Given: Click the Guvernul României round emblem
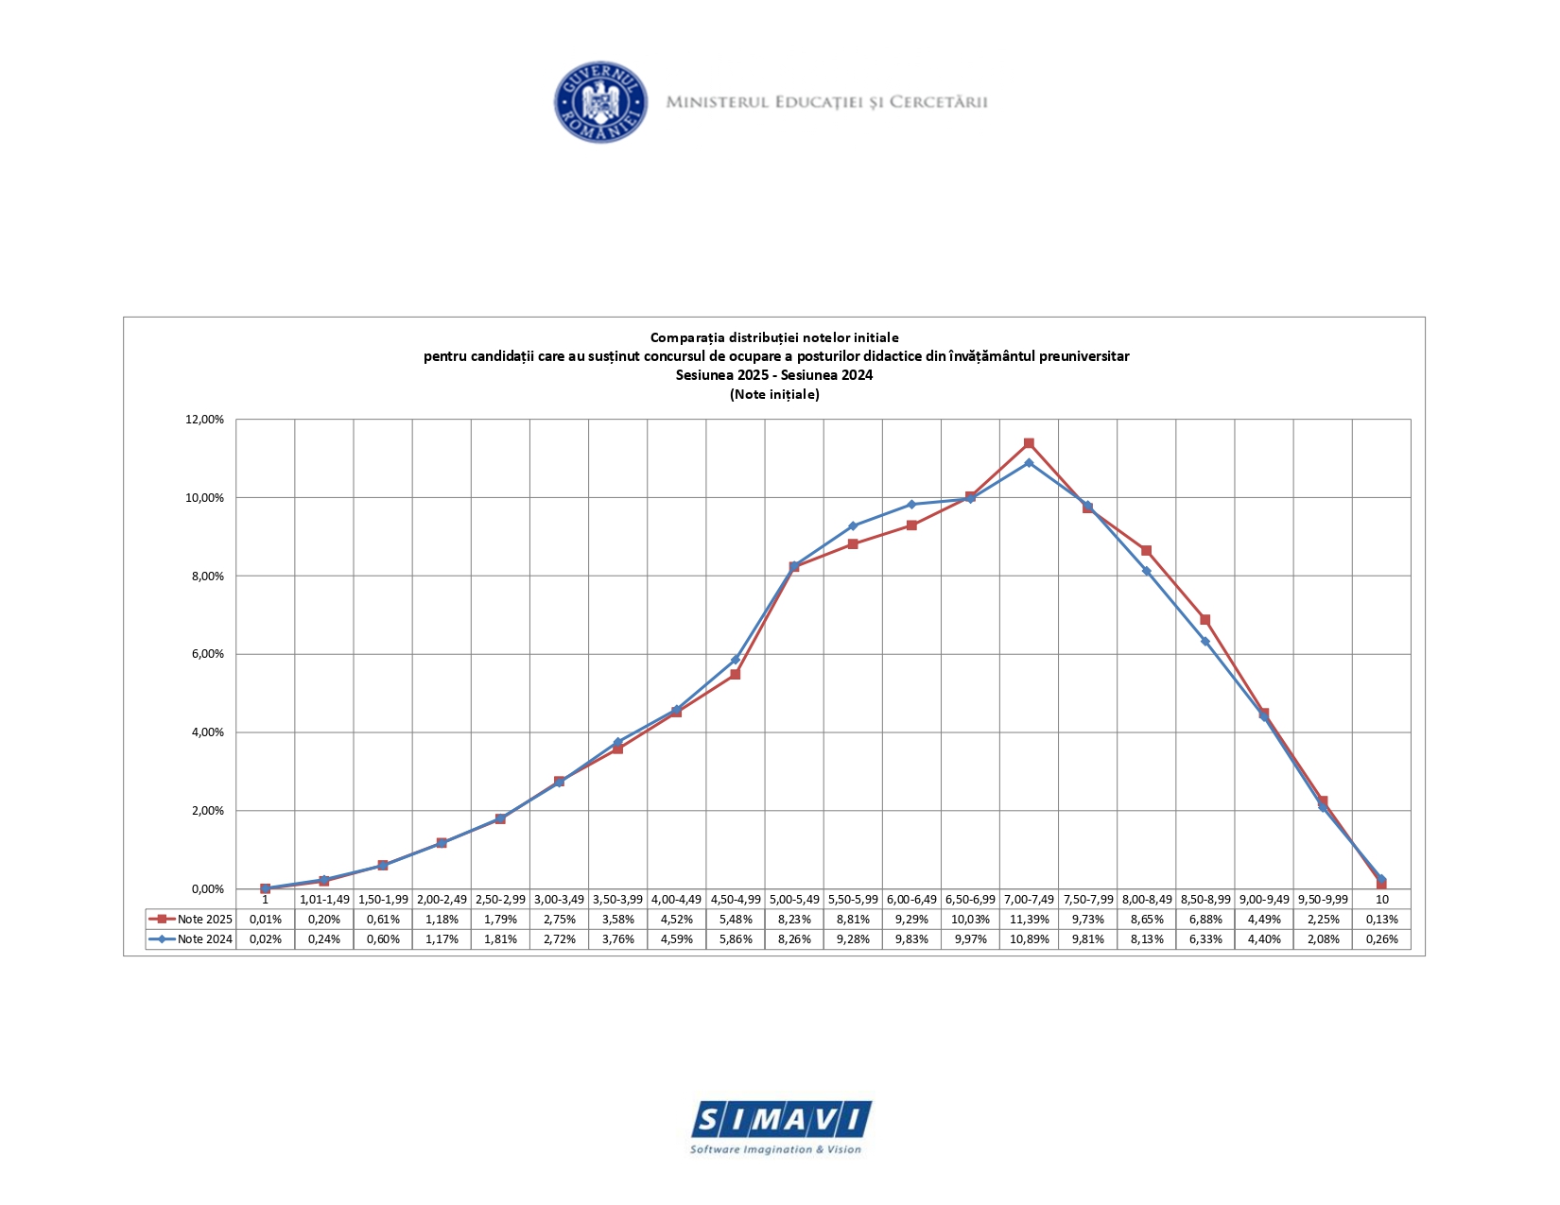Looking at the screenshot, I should coord(600,103).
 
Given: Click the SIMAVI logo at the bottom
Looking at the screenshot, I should coord(780,1126).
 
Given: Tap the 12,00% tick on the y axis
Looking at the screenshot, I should coord(204,420).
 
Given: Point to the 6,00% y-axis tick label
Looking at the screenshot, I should coord(204,654).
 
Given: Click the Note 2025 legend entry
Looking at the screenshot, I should coord(191,919).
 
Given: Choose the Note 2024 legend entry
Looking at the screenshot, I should coord(191,939).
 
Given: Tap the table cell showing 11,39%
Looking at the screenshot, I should coord(1029,919).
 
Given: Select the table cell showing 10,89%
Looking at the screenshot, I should coord(1029,939).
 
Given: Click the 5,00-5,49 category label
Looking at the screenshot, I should coord(794,899).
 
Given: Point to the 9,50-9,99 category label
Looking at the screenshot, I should coord(1323,899).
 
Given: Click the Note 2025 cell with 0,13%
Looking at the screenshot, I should coord(1381,919).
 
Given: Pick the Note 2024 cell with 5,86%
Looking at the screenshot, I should coord(736,939).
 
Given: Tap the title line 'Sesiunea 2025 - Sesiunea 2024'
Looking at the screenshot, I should coord(774,375).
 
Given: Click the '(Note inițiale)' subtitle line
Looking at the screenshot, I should coord(774,394).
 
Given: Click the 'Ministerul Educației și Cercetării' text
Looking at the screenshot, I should coord(826,102).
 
